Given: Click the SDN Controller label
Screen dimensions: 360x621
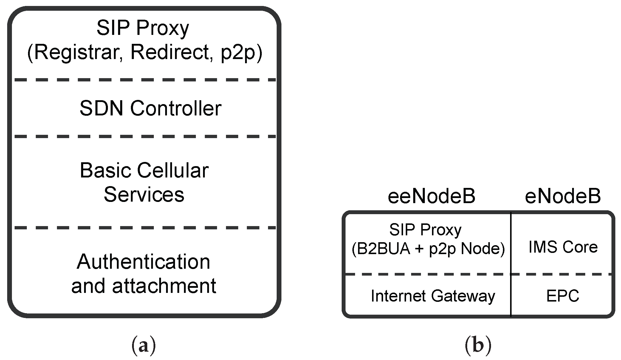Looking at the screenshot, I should [150, 108].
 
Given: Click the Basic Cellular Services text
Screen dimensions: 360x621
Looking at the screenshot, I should [144, 183].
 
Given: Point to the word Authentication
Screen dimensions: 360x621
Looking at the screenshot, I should [143, 262].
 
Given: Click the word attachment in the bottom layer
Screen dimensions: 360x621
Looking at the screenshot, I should [164, 286].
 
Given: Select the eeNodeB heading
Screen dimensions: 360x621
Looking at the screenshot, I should [431, 197].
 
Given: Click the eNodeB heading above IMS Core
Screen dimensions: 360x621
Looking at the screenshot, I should [563, 197].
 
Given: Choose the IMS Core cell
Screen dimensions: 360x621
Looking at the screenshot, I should [563, 247].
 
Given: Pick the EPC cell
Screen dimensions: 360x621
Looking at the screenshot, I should [563, 296].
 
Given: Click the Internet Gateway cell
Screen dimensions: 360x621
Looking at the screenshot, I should [433, 296].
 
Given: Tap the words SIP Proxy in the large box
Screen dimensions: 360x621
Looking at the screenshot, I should [143, 28].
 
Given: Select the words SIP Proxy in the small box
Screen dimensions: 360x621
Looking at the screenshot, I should [425, 230].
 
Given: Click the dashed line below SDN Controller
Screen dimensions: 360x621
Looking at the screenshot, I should [145, 136].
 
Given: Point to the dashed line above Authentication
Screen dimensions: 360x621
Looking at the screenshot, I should [145, 228].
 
